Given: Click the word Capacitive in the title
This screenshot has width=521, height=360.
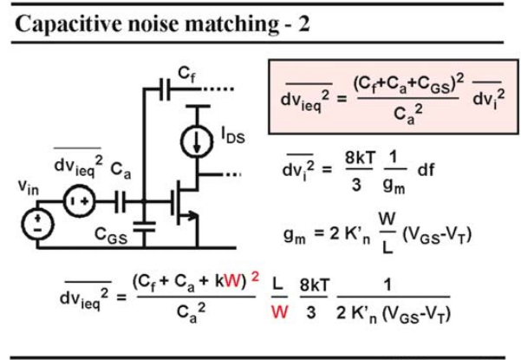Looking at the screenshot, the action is pos(68,24).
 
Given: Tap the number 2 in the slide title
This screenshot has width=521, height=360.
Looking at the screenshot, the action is pos(303,24).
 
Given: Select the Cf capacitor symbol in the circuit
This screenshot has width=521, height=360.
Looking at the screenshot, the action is pos(165,89).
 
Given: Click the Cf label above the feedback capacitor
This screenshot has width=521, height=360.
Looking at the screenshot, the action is pos(186,74).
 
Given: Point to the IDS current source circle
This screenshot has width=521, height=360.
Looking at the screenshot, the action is pos(197,141).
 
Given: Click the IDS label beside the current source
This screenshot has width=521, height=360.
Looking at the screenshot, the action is pos(233,135).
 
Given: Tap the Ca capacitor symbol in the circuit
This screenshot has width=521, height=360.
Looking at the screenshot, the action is pos(120,201).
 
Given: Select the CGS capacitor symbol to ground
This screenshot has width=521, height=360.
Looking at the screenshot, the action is pos(144,226).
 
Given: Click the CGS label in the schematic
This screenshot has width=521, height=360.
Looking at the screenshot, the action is pos(111,235).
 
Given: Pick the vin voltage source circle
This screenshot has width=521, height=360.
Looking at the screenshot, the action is pos(37,224).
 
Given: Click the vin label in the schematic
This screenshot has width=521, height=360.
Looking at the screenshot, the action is pos(29,188).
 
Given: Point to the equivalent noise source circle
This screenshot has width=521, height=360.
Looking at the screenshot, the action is pos(79,201).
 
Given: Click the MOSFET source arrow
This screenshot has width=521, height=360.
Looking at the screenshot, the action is pos(191,216).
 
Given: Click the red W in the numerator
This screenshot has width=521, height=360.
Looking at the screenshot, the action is pos(232,282).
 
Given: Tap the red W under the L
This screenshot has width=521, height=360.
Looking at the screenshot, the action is pos(279,312).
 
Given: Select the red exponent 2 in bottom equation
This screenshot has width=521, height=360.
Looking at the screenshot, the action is pos(255,276).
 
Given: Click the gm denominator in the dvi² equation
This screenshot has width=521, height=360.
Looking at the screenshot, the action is pos(394,186).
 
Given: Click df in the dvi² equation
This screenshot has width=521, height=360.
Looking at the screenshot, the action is pos(426,170).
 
